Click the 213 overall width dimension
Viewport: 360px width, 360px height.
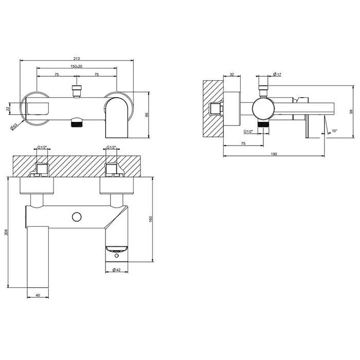pos(77,59)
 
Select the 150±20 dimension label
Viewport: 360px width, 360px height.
pos(77,66)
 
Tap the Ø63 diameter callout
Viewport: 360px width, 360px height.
pos(14,127)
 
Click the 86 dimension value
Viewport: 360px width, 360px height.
pos(147,114)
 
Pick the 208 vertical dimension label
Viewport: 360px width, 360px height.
pos(6,232)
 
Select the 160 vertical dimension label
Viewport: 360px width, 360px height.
pos(151,219)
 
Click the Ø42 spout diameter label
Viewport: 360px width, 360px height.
pos(117,270)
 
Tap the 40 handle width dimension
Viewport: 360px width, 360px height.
pos(38,295)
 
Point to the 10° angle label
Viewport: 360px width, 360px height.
pos(334,131)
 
